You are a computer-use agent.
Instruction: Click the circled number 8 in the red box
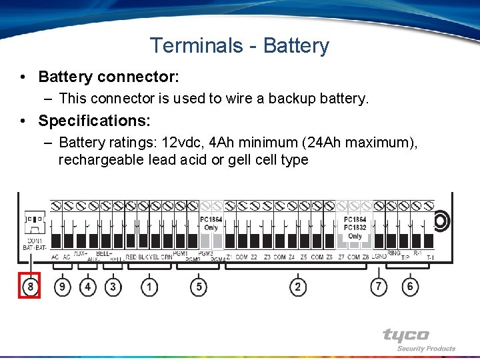[30, 286]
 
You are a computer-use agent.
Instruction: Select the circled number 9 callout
[62, 287]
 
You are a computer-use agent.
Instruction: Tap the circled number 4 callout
[87, 287]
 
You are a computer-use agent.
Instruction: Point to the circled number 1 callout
[149, 287]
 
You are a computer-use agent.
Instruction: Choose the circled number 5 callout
[198, 287]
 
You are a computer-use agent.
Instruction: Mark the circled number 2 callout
[297, 287]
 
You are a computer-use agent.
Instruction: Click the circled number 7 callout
[379, 287]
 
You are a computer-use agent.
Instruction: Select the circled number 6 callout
[409, 287]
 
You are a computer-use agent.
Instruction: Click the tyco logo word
[405, 335]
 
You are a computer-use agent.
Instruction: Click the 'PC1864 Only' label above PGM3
[211, 223]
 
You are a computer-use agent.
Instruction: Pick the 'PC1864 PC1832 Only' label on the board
[355, 227]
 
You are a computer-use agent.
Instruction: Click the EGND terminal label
[379, 257]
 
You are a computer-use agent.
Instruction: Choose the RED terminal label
[131, 257]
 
